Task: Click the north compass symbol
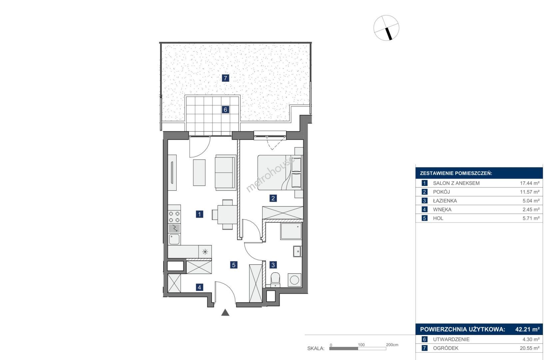386,28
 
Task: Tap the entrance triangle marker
225,313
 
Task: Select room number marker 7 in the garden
226,78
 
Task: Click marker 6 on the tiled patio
226,110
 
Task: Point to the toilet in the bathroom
275,280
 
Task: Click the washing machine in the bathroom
294,280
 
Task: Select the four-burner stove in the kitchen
174,217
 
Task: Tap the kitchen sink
174,239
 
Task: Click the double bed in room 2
279,173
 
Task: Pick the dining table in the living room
227,214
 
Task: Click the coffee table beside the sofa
199,173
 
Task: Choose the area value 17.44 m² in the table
530,183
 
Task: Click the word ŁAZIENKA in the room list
445,201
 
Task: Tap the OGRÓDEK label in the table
446,348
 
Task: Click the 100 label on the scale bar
361,345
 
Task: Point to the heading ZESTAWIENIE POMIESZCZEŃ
456,173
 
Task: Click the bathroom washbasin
297,251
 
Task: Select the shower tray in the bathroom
291,231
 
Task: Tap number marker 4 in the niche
200,287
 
